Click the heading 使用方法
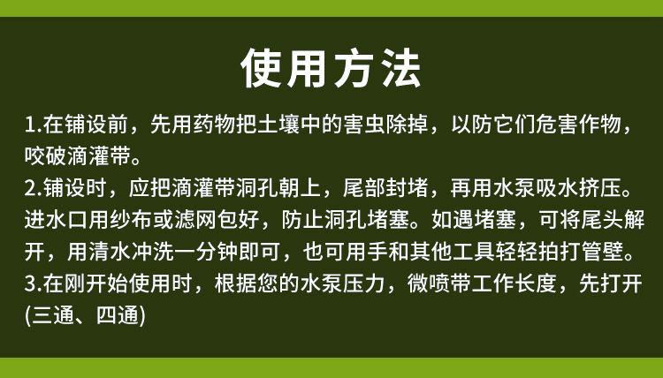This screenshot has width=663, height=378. [x=331, y=68]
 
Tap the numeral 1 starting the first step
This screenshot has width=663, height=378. [x=29, y=125]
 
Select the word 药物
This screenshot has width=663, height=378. [x=215, y=125]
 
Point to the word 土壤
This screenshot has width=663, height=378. [x=279, y=125]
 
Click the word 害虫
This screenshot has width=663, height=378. [x=365, y=125]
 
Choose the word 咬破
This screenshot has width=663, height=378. [x=46, y=155]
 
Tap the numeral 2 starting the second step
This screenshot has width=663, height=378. [x=29, y=188]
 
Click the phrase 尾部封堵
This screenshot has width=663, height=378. [x=386, y=188]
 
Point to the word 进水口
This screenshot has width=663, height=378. [x=57, y=220]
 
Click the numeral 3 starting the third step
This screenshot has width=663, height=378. [x=29, y=283]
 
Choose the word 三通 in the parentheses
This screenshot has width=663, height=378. [x=53, y=315]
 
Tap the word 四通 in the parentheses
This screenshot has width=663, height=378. [x=118, y=315]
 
